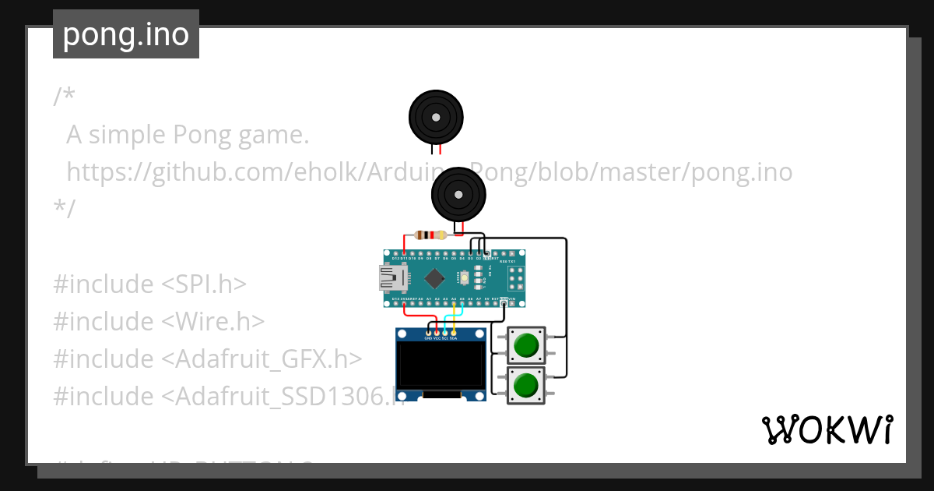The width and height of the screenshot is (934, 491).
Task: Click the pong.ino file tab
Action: pos(126,34)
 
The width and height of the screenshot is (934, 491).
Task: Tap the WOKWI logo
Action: pos(827,429)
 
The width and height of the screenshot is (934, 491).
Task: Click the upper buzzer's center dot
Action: pos(436,116)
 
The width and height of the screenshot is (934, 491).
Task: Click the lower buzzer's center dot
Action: pos(458,194)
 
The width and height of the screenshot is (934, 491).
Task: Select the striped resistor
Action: pos(430,235)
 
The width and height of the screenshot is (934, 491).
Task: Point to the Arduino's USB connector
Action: pos(389,277)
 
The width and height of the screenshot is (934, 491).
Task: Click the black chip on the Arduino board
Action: pos(434,277)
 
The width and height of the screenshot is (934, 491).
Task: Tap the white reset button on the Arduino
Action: pos(465,277)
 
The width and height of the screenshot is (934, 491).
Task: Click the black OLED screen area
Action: pos(441,366)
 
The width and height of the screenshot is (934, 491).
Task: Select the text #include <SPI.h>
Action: pos(149,284)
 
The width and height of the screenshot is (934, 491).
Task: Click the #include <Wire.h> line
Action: pos(159,322)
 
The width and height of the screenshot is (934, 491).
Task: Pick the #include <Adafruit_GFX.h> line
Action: pos(208,359)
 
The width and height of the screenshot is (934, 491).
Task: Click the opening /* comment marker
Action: pos(64,97)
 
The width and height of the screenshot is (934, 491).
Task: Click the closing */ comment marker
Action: pos(64,209)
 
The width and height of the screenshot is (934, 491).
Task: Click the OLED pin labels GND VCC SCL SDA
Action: pos(441,338)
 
